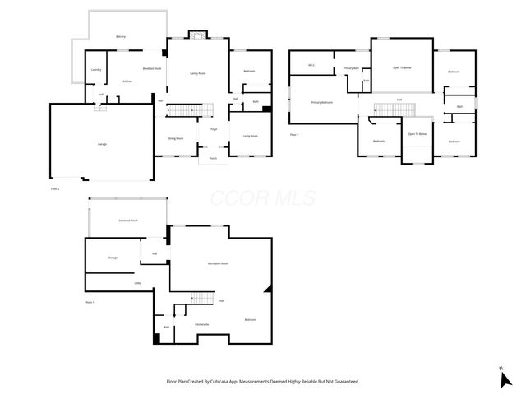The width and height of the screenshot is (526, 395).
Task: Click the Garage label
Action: coord(102,144)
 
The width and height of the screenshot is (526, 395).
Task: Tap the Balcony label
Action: coord(121,37)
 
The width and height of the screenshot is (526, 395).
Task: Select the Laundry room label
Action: coord(96,69)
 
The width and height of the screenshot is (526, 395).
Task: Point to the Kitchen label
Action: coord(127,81)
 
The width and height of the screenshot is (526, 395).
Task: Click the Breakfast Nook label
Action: coord(152,68)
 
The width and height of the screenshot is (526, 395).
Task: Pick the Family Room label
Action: coord(198,73)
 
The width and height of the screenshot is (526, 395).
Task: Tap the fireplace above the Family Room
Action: coord(196,35)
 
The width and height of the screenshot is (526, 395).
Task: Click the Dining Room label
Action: coord(176,138)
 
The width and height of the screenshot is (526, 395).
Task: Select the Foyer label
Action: coord(214,129)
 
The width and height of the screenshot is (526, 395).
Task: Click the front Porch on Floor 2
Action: coord(213,158)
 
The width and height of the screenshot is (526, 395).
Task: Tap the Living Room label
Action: coord(250,136)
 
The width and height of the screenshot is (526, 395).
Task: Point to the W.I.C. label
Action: coord(311,65)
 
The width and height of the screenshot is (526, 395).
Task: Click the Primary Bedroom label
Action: coord(321,102)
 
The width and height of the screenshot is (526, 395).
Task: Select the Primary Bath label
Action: coord(351,68)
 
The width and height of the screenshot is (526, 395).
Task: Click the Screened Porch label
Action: coord(128,221)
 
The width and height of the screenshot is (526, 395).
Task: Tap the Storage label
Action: coord(113,258)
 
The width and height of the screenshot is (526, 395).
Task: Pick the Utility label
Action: coord(138,283)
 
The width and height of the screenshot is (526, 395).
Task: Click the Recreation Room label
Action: coord(218,263)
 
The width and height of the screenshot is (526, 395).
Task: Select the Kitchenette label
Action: coord(201,324)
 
